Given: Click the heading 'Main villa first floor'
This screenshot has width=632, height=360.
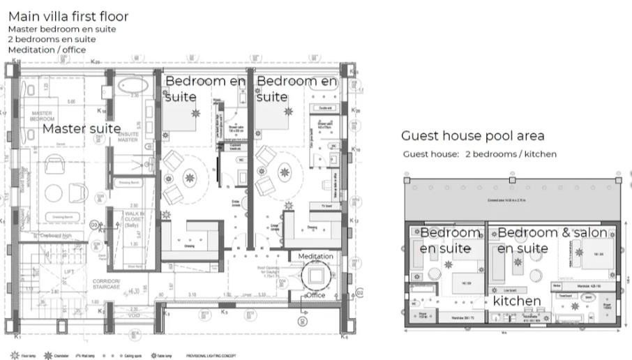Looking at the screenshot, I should point(68,16).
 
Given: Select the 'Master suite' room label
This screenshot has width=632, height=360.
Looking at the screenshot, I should point(82,128).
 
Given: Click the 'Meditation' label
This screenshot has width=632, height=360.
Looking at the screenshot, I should point(315,257).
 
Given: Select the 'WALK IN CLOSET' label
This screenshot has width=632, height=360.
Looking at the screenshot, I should point(135,218).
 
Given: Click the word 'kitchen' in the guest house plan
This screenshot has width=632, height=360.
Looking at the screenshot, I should point(517,301).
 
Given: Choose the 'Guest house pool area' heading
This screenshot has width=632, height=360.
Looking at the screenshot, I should point(472,136).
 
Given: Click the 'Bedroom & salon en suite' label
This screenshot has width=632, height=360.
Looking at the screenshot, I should point(552,240).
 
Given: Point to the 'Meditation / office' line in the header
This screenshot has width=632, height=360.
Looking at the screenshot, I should point(47,50).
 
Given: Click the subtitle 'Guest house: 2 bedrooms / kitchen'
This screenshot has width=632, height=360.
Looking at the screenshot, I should point(479,154).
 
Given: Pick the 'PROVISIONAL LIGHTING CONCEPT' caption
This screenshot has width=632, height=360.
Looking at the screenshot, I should point(216,355).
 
